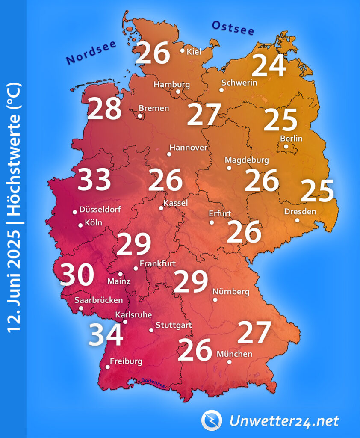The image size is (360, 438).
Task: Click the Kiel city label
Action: (x=194, y=52)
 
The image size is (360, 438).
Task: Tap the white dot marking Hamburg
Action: (x=178, y=91)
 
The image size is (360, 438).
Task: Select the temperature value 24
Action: (x=269, y=66)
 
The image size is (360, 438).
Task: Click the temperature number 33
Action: (x=94, y=180)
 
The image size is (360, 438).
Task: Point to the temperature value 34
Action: (x=106, y=335)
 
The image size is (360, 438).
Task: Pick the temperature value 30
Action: (x=77, y=275)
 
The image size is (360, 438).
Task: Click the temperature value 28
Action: (x=104, y=109)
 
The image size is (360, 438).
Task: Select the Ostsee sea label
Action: (x=233, y=28)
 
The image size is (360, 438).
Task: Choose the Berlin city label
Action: (x=291, y=139)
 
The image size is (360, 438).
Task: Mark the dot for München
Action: (x=229, y=362)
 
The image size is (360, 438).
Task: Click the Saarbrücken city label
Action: (x=98, y=300)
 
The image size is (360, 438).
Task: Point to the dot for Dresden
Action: (x=297, y=220)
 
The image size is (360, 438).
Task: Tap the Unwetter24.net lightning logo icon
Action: (x=212, y=420)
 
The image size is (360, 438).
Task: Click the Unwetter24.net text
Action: (x=284, y=421)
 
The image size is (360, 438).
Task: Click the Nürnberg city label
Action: (x=231, y=292)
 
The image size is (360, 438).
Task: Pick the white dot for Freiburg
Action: (x=107, y=367)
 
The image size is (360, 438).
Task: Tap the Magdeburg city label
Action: (x=247, y=160)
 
